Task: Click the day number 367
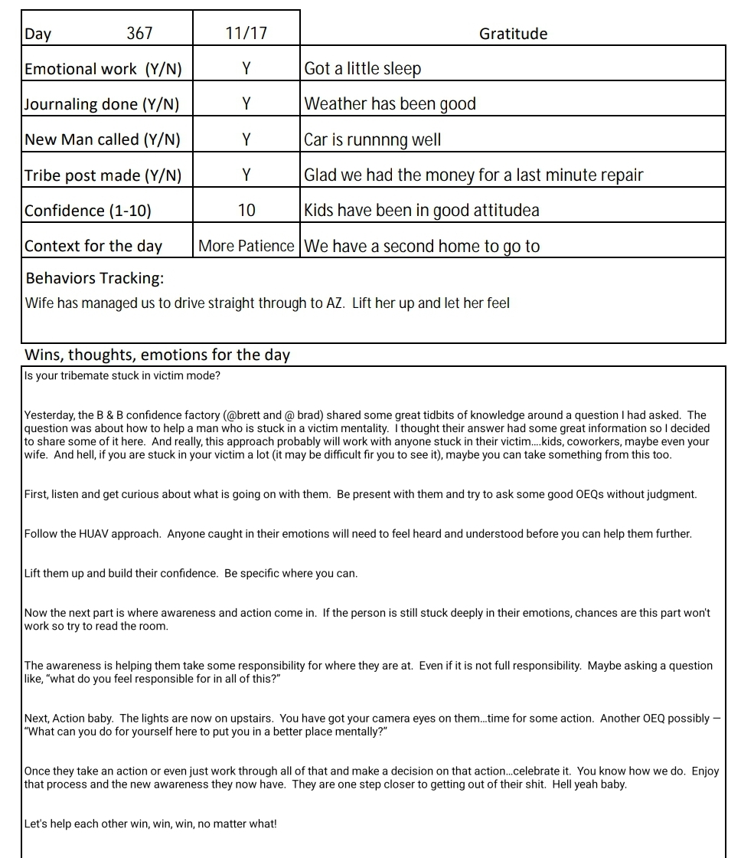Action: click(139, 34)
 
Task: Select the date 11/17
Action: click(246, 34)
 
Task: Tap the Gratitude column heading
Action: click(513, 34)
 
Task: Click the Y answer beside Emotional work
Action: click(246, 69)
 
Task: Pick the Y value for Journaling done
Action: click(246, 104)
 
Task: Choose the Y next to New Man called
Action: click(246, 139)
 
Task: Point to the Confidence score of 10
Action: click(246, 210)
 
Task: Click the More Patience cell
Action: click(246, 246)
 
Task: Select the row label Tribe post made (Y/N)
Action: click(103, 175)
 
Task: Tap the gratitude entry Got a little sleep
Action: click(363, 69)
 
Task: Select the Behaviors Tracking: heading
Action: click(95, 278)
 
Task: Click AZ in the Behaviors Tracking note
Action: click(335, 303)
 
